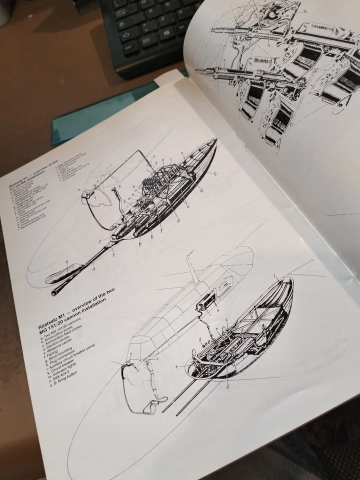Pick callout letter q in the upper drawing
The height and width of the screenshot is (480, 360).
tap(99, 240)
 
